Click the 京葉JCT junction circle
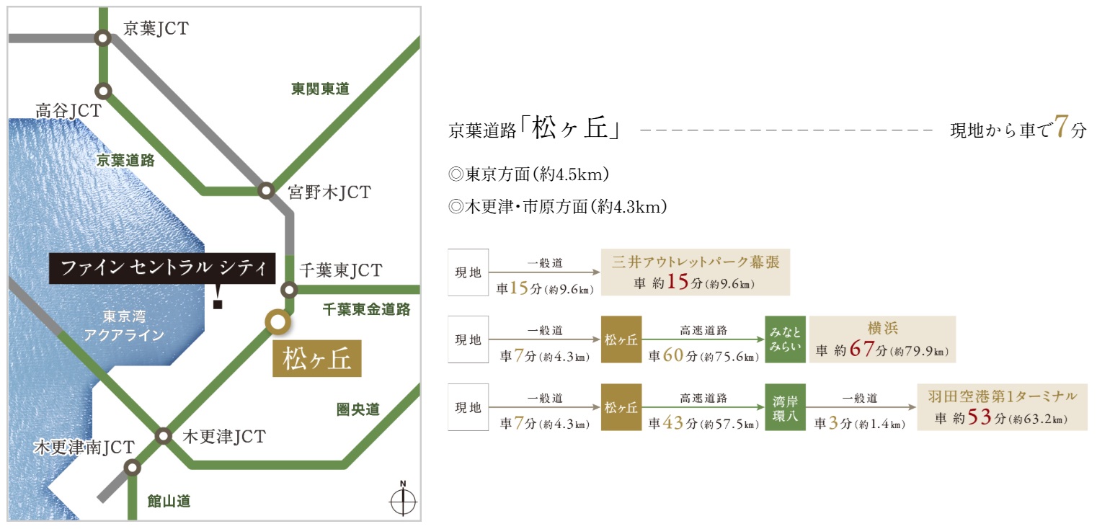[x=103, y=38]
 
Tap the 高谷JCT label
[x=68, y=111]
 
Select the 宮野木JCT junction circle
[x=266, y=190]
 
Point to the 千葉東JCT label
[x=341, y=270]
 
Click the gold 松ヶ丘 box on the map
[x=317, y=358]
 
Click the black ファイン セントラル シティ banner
[x=162, y=268]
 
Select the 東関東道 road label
[x=320, y=89]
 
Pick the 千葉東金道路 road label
[x=366, y=309]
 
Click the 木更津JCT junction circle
[x=163, y=436]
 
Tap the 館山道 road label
[x=169, y=501]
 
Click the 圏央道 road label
[x=358, y=409]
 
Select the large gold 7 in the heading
[x=1061, y=126]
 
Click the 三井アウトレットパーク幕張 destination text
[x=696, y=262]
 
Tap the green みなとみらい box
[x=785, y=339]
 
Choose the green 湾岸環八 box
[x=785, y=407]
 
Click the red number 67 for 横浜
[x=862, y=349]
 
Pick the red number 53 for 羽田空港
[x=980, y=417]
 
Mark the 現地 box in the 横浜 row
[x=468, y=339]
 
